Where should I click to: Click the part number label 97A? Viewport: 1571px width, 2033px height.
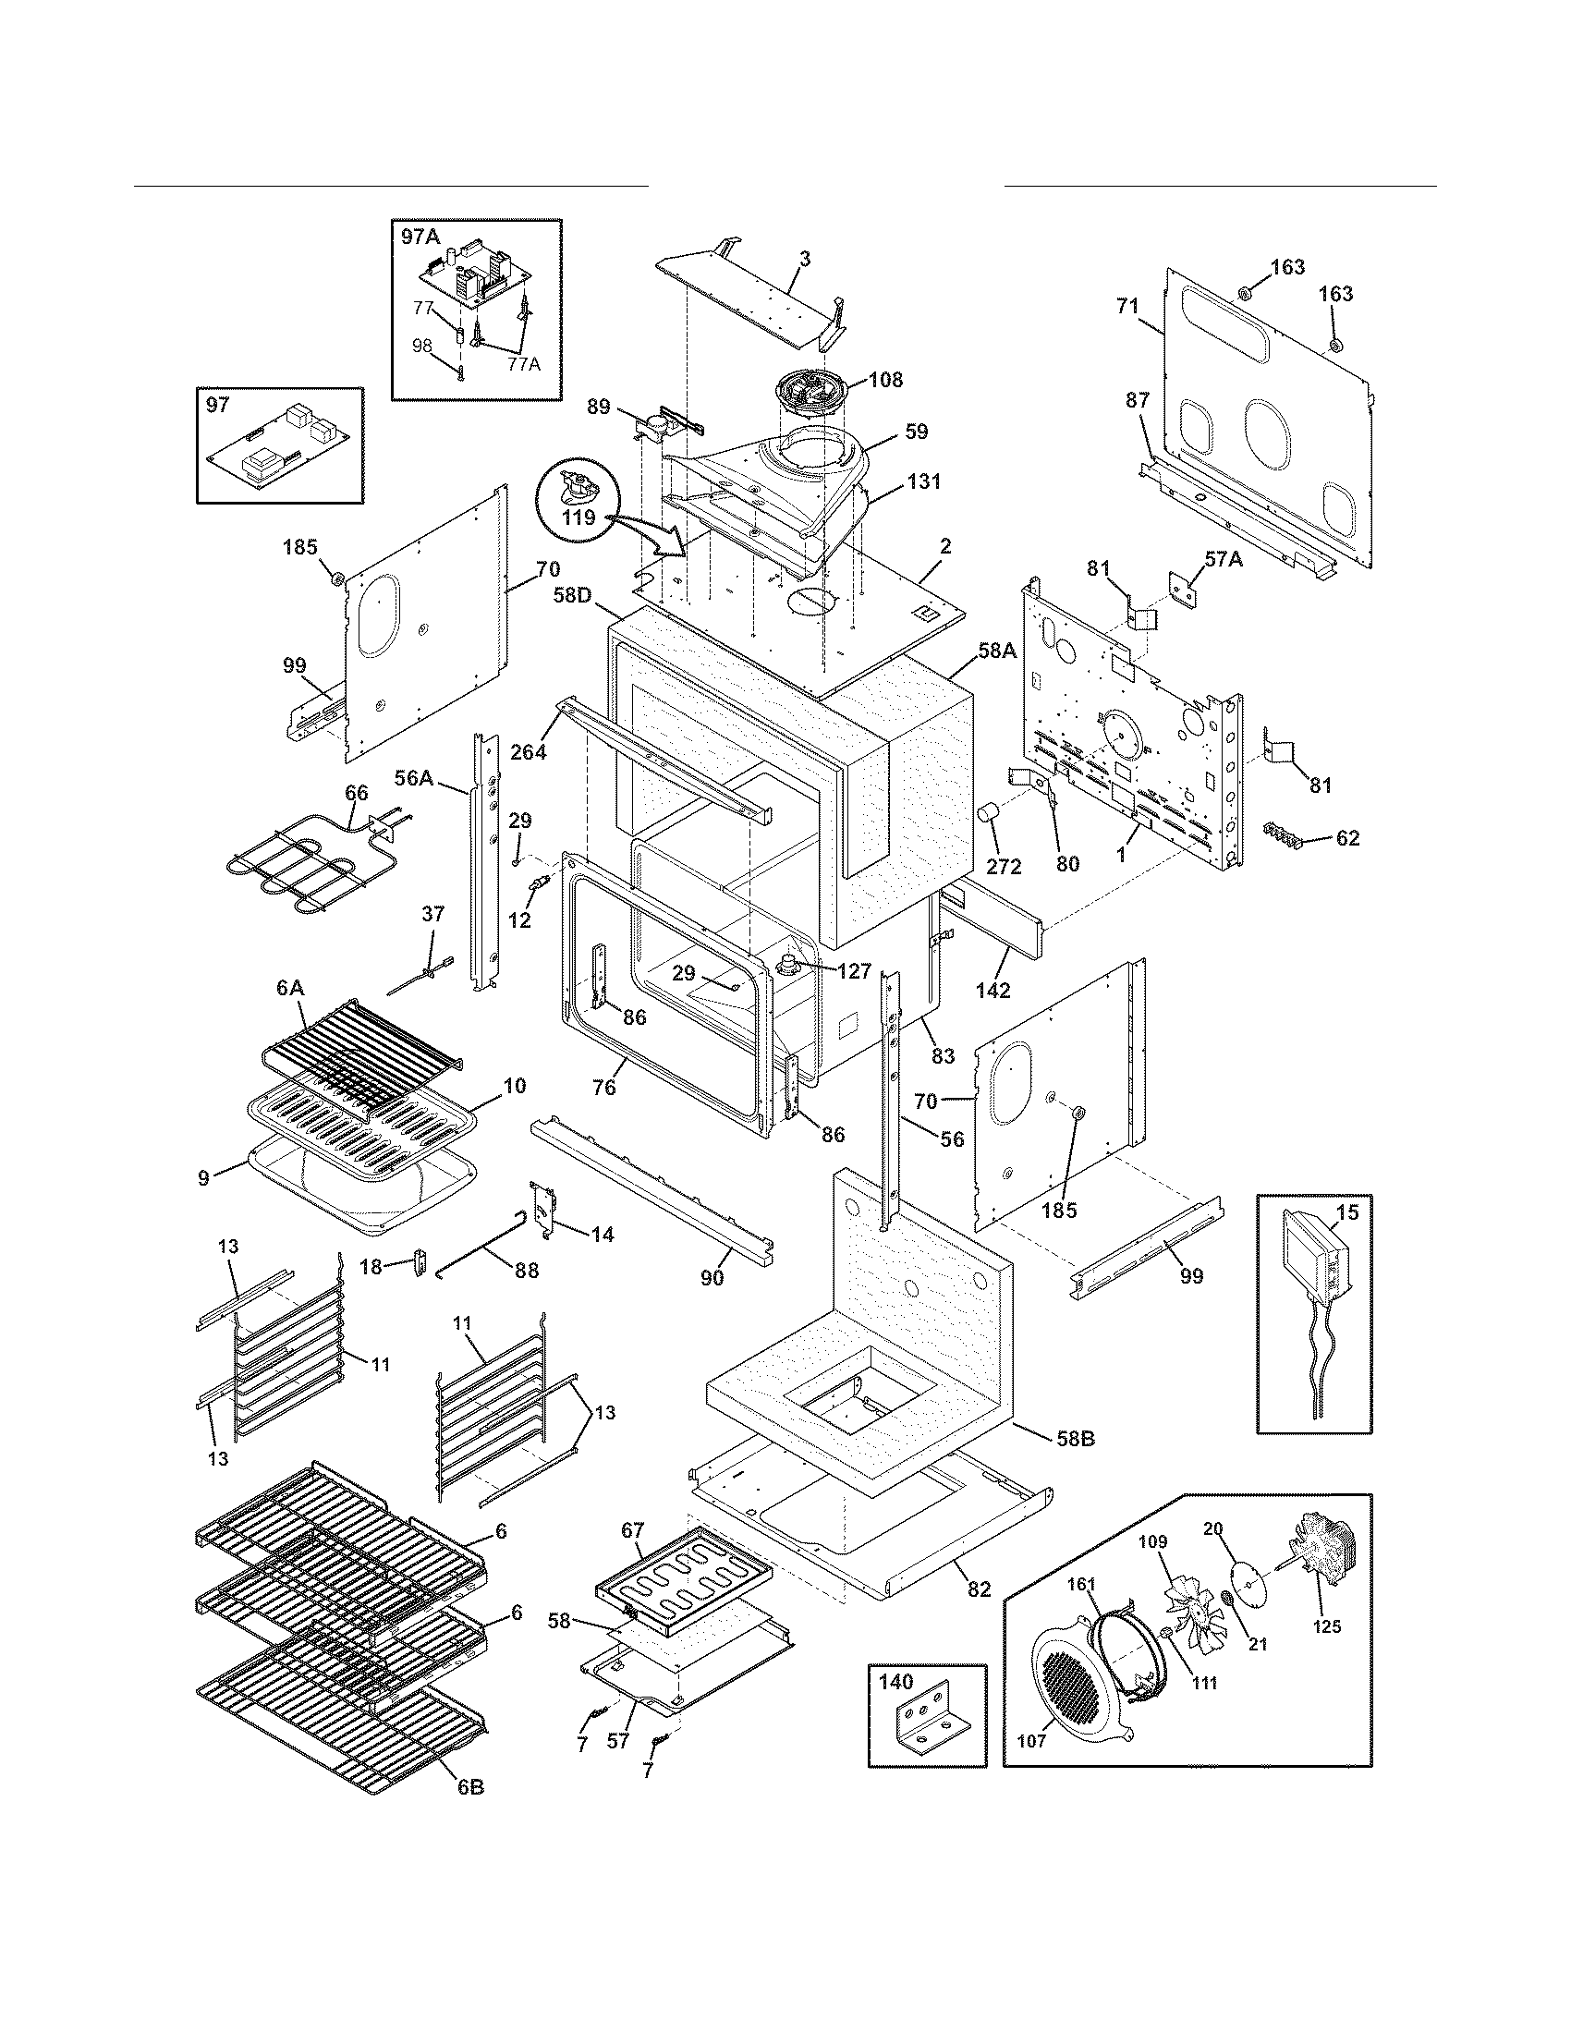point(420,237)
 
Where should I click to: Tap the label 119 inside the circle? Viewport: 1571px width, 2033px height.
point(578,517)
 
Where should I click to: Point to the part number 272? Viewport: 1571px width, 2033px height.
point(1004,867)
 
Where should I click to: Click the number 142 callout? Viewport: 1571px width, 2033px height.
point(993,991)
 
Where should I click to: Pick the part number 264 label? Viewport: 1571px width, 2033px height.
point(529,750)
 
